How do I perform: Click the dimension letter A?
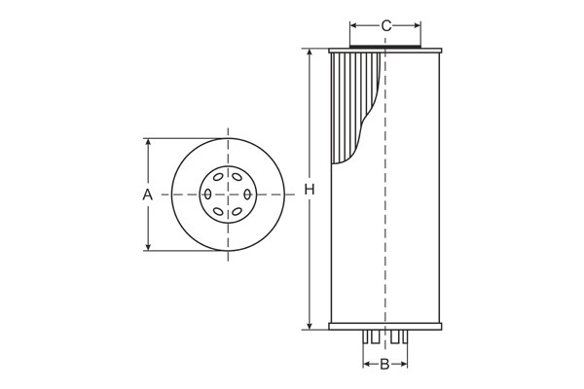[x=148, y=194]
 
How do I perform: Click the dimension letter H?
[x=310, y=189]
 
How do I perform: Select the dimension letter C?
[x=386, y=26]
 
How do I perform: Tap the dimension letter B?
[x=384, y=365]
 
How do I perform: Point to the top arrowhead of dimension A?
[x=148, y=142]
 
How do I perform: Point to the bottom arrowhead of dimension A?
[x=148, y=247]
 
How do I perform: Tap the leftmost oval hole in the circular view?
[x=206, y=194]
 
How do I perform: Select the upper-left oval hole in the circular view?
[x=216, y=178]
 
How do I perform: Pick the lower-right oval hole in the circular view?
[x=238, y=211]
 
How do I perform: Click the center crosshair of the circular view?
[x=228, y=194]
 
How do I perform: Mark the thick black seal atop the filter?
[x=385, y=46]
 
